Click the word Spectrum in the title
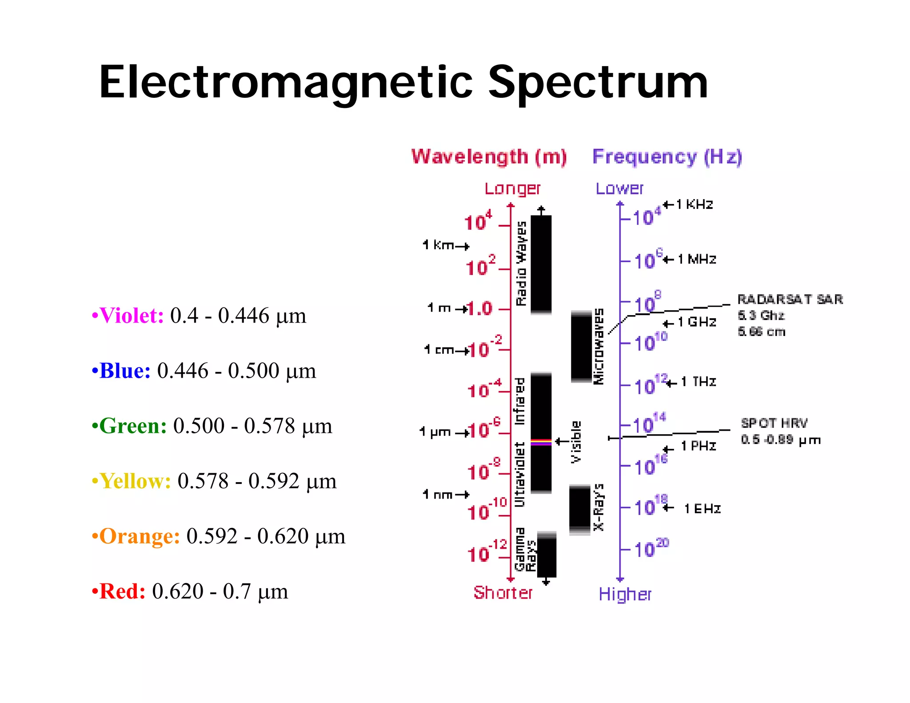[598, 83]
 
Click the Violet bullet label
[132, 316]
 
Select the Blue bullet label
[125, 371]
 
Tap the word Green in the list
[133, 426]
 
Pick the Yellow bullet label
[135, 481]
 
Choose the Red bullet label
[122, 591]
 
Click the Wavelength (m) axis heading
[489, 157]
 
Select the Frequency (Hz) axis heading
[667, 157]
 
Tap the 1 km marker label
[439, 245]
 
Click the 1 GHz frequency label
[697, 322]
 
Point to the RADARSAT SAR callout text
[790, 300]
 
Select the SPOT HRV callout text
[774, 423]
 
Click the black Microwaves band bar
[581, 347]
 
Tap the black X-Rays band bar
[579, 509]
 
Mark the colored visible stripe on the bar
[541, 442]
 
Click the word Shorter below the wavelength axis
[503, 593]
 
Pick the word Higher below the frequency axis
[624, 594]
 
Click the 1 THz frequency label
[698, 382]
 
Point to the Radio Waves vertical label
[521, 264]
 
